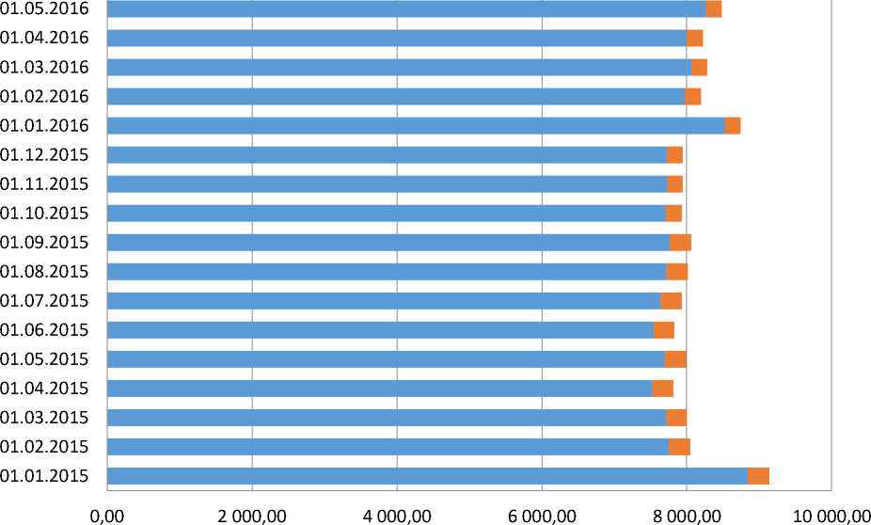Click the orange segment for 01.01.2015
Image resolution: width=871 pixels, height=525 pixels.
(x=758, y=476)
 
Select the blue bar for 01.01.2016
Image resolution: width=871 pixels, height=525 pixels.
(x=416, y=126)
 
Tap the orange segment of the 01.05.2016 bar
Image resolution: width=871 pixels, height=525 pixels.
(x=714, y=8)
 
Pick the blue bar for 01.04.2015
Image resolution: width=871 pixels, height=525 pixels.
(x=379, y=389)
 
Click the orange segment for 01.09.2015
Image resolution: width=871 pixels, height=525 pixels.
(x=680, y=243)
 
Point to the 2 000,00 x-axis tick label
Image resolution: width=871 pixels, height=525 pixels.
(x=251, y=514)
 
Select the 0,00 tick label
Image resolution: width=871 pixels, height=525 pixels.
(x=106, y=514)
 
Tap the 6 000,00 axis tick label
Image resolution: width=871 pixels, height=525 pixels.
(x=541, y=514)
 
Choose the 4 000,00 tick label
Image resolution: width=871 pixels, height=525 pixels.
(x=396, y=514)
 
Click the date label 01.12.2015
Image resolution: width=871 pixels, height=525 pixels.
(x=45, y=154)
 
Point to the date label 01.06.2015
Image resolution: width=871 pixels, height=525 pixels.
(x=45, y=330)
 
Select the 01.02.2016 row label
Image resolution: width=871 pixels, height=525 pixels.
(x=45, y=96)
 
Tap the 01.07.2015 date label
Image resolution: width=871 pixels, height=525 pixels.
(x=45, y=301)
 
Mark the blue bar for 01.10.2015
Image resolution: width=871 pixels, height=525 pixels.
(x=387, y=214)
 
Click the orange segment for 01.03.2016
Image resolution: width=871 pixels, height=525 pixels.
(x=699, y=68)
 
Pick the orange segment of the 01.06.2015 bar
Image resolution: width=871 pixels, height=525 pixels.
(x=664, y=330)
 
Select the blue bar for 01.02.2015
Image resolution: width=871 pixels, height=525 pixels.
(x=388, y=447)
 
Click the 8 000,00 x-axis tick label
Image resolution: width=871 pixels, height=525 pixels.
(x=686, y=514)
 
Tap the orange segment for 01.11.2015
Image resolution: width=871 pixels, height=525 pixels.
(x=674, y=184)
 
